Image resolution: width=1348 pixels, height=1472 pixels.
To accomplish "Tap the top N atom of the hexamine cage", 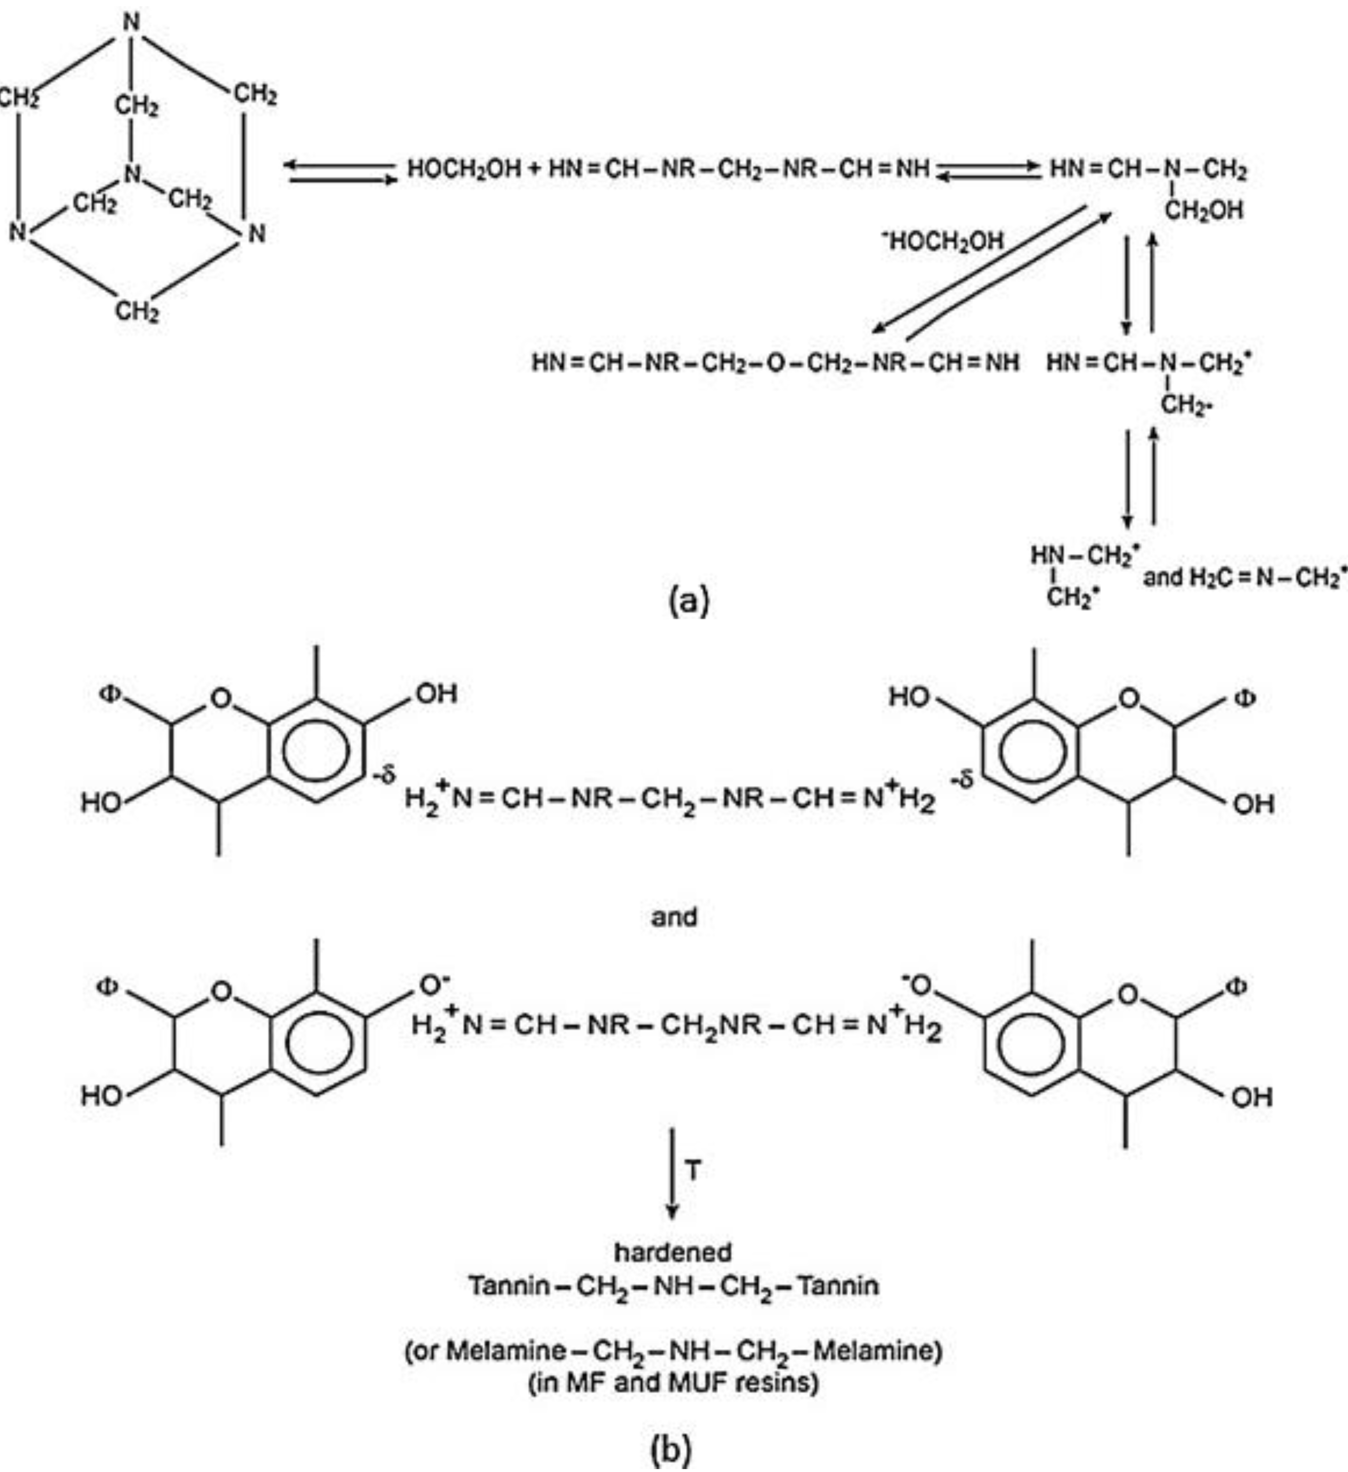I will tap(131, 22).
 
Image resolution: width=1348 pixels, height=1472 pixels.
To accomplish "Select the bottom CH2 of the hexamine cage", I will tap(136, 312).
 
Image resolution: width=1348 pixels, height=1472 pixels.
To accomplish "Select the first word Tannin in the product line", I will tap(509, 1285).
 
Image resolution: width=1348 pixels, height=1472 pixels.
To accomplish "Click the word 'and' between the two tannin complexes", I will tap(674, 916).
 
